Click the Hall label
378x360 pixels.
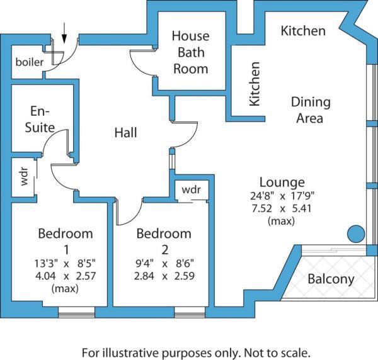click(125, 133)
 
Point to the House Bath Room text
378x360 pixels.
click(190, 52)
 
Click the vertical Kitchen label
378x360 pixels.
click(255, 83)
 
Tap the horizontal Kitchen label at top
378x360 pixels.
click(303, 30)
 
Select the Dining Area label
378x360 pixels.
click(310, 110)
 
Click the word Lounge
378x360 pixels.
click(282, 183)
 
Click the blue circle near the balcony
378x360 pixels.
click(357, 235)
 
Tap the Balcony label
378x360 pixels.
click(331, 279)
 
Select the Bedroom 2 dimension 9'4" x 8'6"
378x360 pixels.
click(164, 263)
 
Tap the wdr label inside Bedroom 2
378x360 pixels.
click(191, 189)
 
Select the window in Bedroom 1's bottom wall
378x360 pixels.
click(76, 310)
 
